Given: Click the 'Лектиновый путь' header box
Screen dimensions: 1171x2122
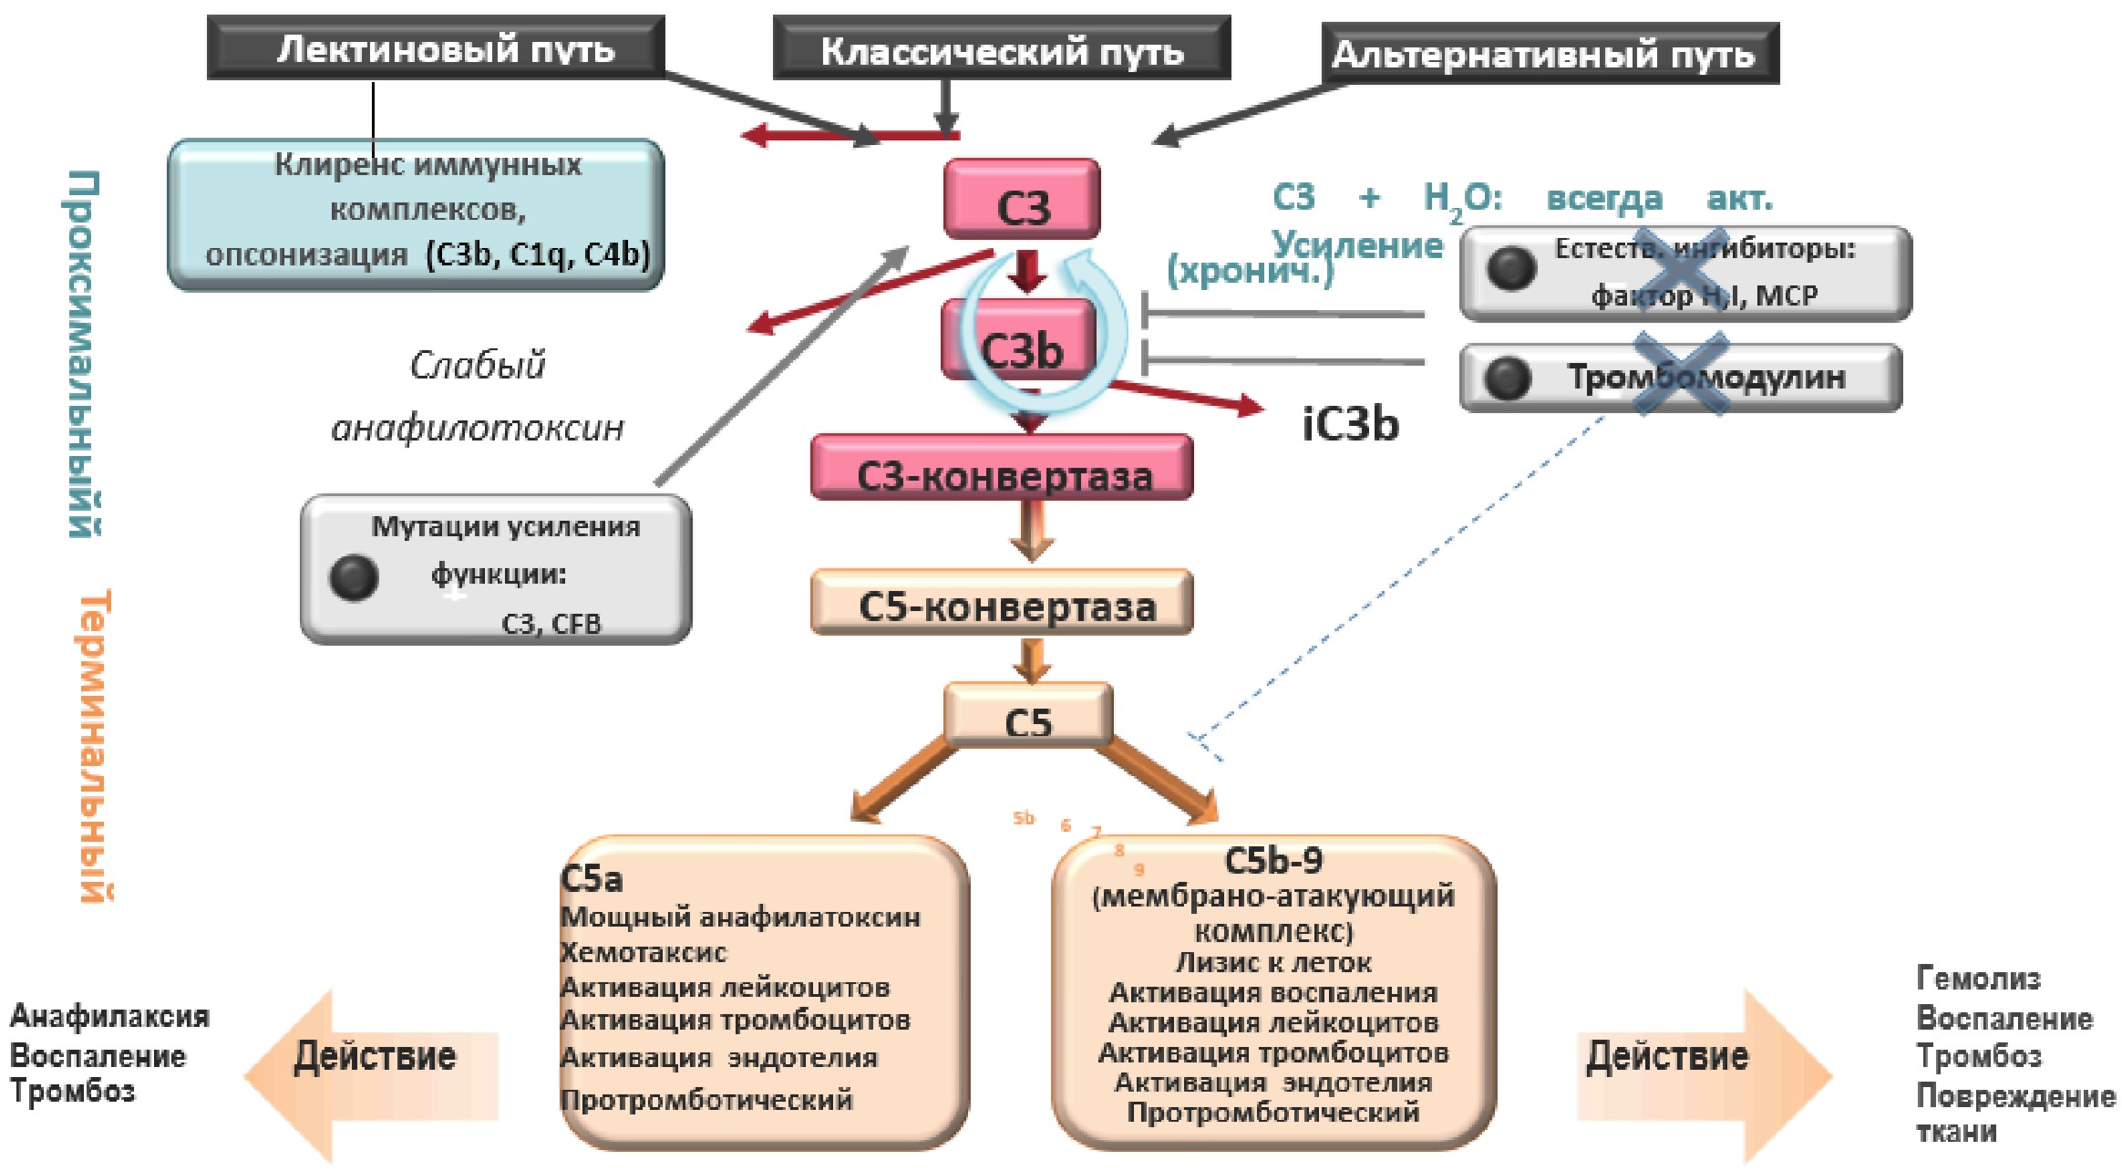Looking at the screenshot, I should point(436,47).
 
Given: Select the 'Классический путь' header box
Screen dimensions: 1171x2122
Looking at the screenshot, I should point(1001,49).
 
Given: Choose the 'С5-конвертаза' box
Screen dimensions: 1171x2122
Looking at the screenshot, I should point(1003,604).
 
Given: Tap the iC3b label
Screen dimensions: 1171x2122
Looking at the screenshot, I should point(1349,425).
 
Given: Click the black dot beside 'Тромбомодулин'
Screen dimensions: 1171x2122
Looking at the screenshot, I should point(1508,378).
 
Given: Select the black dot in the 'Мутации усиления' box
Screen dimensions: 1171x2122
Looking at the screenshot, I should point(354,577).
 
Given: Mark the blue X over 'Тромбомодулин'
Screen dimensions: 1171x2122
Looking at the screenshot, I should point(1681,374).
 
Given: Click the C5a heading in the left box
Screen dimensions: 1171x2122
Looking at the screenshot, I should point(592,879).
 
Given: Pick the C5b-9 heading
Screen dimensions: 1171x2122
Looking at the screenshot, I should point(1272,860).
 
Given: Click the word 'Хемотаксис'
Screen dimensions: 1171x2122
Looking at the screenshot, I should point(644,953).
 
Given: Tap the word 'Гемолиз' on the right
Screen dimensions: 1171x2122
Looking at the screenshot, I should point(1978,979).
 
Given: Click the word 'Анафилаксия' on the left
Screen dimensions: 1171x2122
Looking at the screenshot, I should point(109,1016).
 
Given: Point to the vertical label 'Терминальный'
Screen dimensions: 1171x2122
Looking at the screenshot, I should point(97,746).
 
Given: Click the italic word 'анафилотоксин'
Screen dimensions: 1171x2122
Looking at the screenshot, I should point(478,427).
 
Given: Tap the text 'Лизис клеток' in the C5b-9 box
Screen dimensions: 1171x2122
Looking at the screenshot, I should point(1272,962).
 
